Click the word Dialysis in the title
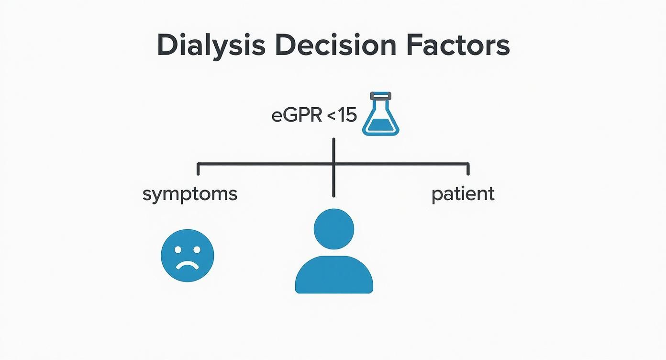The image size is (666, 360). pyautogui.click(x=211, y=46)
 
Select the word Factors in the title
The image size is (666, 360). pyautogui.click(x=458, y=46)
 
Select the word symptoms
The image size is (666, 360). pyautogui.click(x=190, y=195)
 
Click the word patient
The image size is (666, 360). pyautogui.click(x=463, y=195)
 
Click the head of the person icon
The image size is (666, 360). pyautogui.click(x=334, y=229)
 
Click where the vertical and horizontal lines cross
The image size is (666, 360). pyautogui.click(x=333, y=164)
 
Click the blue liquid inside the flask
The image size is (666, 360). pyautogui.click(x=381, y=125)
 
